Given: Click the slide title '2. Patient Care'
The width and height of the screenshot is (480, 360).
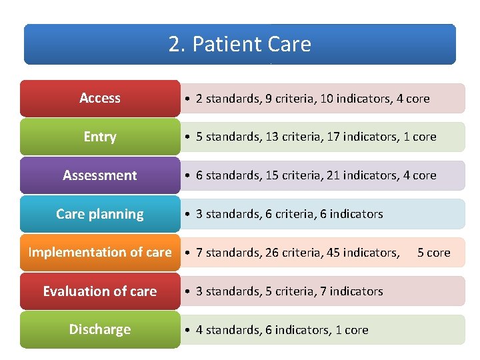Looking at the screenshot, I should [x=240, y=44].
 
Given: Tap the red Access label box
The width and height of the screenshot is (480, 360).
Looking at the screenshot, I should [x=100, y=99].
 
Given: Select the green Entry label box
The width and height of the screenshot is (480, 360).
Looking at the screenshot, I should [x=100, y=137].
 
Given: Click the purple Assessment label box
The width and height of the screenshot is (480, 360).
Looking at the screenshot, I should [x=100, y=175].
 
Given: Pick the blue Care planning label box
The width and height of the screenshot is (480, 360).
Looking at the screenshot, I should [x=100, y=214].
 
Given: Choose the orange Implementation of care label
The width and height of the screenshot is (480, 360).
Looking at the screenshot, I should [x=100, y=253].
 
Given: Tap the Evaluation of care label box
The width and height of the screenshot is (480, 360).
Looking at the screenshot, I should [x=100, y=291].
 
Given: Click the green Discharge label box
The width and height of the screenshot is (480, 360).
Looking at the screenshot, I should [x=100, y=329].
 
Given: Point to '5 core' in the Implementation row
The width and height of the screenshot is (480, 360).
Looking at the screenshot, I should [x=434, y=253].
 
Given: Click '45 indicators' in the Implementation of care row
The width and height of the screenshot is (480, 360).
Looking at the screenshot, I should [x=364, y=253].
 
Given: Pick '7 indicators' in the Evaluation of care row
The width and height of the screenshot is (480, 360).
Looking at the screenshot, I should [x=351, y=291].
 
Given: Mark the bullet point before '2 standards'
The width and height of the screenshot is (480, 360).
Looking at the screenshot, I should [x=189, y=99].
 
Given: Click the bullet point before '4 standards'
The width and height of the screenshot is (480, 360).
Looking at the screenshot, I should [x=189, y=331].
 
